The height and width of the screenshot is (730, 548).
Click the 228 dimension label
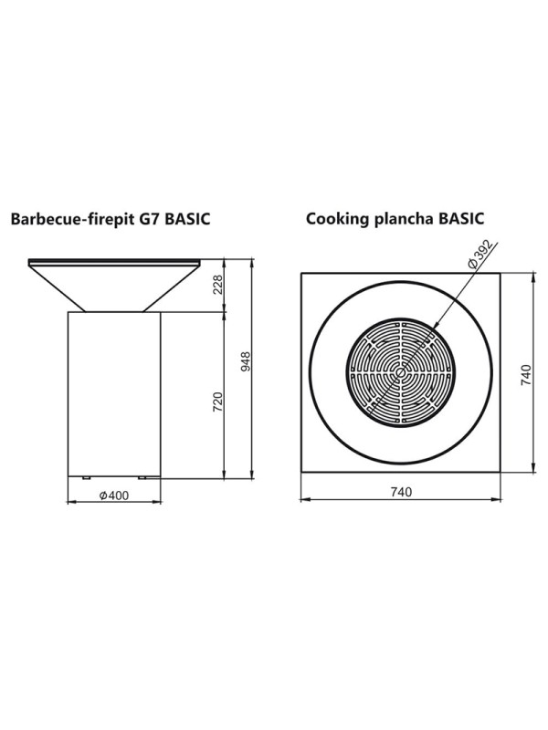click(217, 285)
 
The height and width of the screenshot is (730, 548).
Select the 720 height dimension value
click(217, 401)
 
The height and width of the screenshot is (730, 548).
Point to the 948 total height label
click(246, 361)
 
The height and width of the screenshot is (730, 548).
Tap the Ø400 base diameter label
click(114, 495)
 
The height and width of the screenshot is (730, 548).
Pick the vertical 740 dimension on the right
click(526, 375)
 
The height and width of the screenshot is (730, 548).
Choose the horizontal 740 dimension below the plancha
click(401, 492)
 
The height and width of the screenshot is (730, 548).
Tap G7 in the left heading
click(146, 218)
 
